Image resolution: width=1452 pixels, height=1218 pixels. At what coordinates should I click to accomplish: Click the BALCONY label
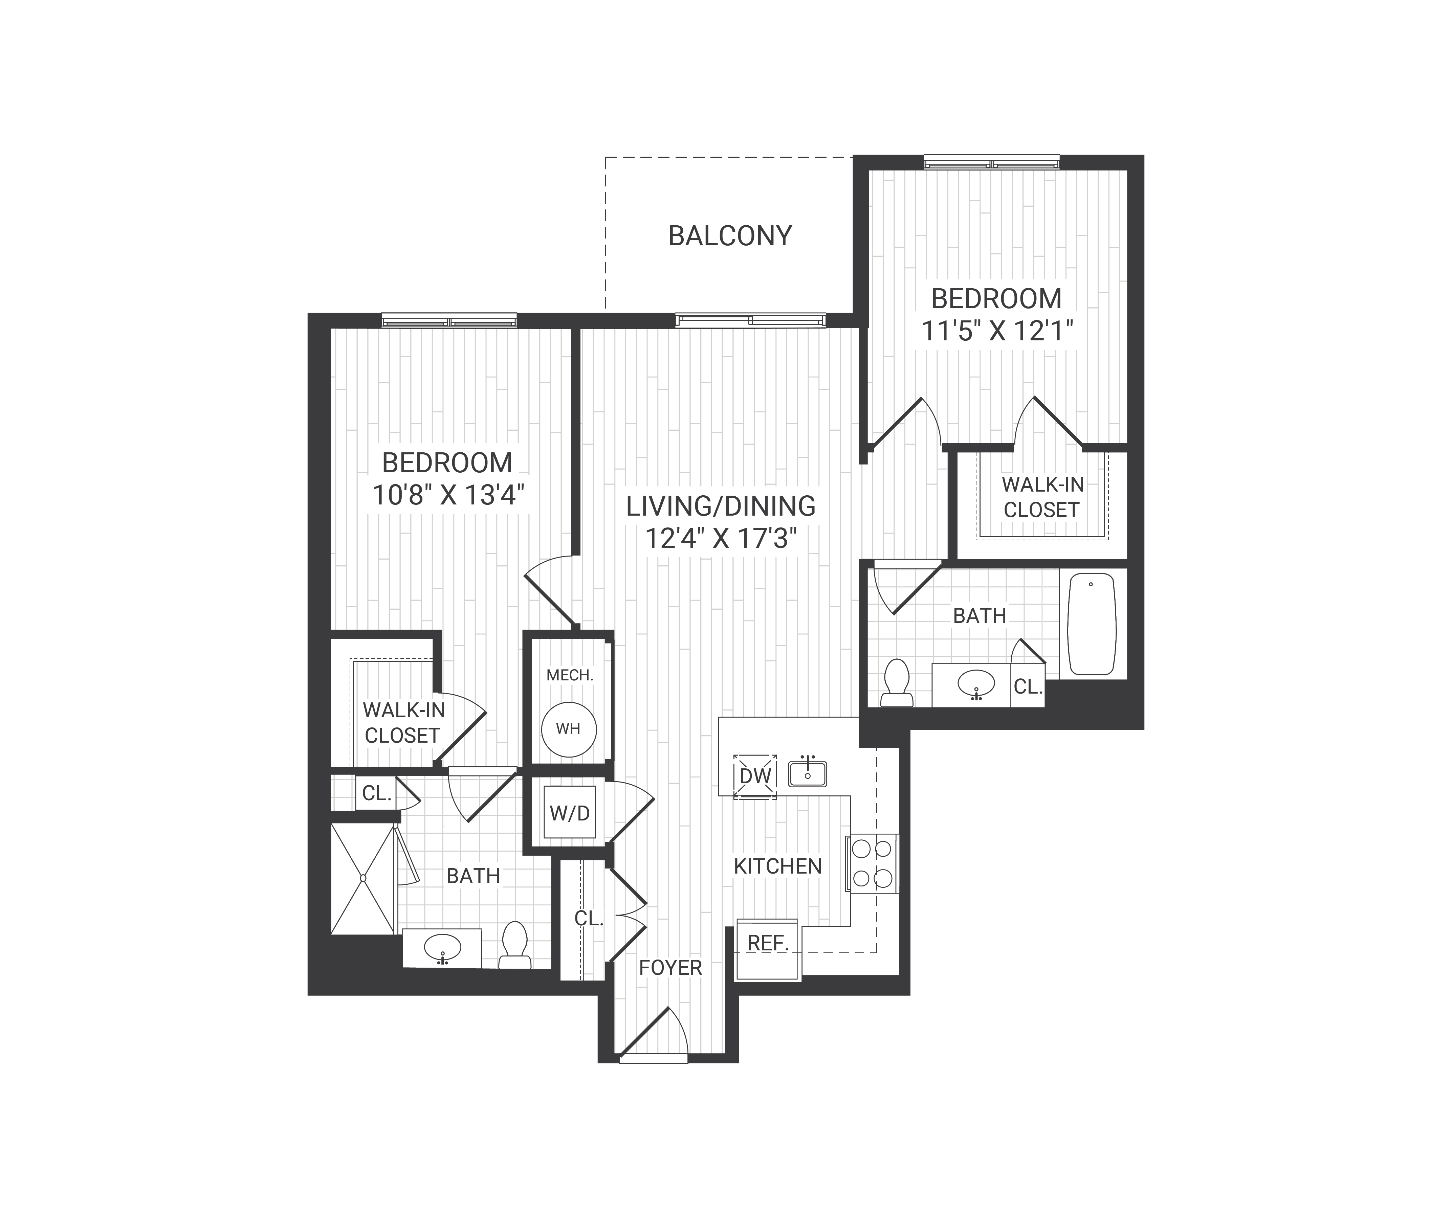pos(729,236)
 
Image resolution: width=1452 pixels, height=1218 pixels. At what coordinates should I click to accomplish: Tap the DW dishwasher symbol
pos(755,775)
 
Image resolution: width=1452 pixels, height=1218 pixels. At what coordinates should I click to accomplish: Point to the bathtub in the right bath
pos(1093,624)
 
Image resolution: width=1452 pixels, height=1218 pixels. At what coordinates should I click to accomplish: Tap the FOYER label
pos(670,968)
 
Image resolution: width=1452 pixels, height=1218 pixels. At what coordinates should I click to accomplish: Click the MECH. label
pos(570,675)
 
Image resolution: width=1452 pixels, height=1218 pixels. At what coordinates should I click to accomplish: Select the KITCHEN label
pos(777,866)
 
